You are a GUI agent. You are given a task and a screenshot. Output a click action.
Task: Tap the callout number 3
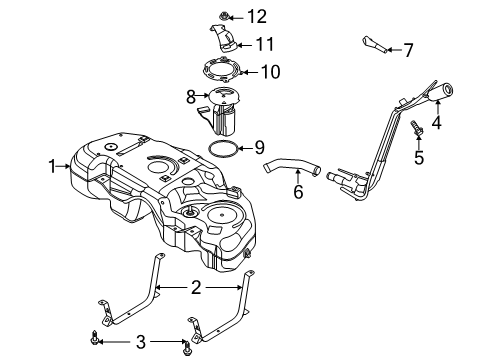pyautogui.click(x=140, y=342)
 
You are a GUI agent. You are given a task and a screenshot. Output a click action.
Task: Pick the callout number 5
pyautogui.click(x=420, y=158)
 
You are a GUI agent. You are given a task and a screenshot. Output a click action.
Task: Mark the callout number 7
pyautogui.click(x=408, y=48)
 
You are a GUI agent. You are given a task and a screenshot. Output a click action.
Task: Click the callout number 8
pyautogui.click(x=190, y=97)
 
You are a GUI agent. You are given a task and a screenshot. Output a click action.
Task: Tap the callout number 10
pyautogui.click(x=271, y=72)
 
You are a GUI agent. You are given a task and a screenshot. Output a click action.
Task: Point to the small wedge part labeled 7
pyautogui.click(x=374, y=44)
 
